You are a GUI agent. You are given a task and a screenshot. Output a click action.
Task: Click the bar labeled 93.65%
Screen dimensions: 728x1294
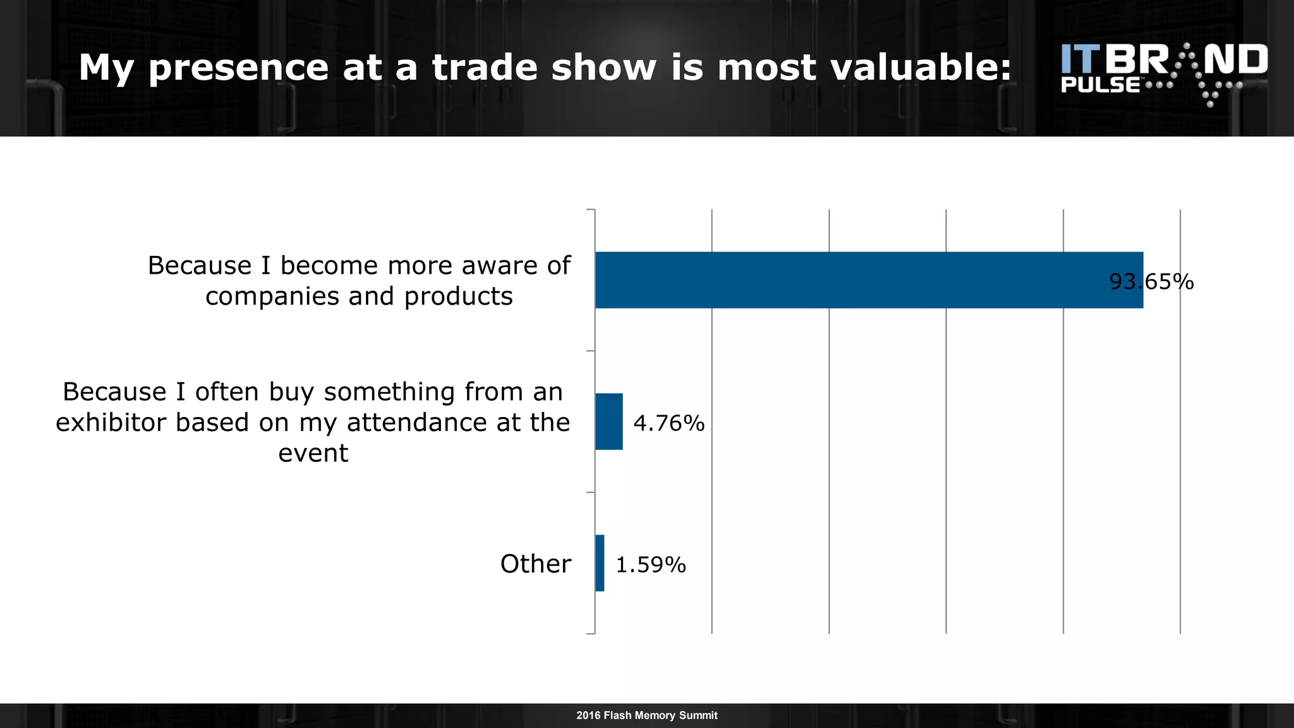pos(869,280)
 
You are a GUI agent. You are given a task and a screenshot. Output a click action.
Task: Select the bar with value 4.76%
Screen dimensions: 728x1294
pos(608,422)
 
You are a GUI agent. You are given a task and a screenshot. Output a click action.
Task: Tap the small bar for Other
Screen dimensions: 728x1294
pos(600,563)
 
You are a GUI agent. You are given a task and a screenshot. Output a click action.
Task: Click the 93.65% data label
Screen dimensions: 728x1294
pos(1151,281)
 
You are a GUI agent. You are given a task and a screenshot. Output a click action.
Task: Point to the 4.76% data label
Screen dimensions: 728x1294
pos(668,423)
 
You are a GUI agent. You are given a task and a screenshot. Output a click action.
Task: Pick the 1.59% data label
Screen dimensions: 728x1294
pos(650,564)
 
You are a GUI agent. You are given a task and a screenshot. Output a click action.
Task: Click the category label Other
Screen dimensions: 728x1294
pos(535,564)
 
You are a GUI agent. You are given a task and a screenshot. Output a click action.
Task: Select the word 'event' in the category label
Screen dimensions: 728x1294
pos(313,453)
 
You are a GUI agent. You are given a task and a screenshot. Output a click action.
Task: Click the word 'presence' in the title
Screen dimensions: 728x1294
pos(238,68)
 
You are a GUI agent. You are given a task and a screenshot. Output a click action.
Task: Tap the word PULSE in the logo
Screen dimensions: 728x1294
pos(1100,85)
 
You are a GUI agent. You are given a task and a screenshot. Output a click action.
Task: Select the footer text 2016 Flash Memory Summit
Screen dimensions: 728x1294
pos(646,715)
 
